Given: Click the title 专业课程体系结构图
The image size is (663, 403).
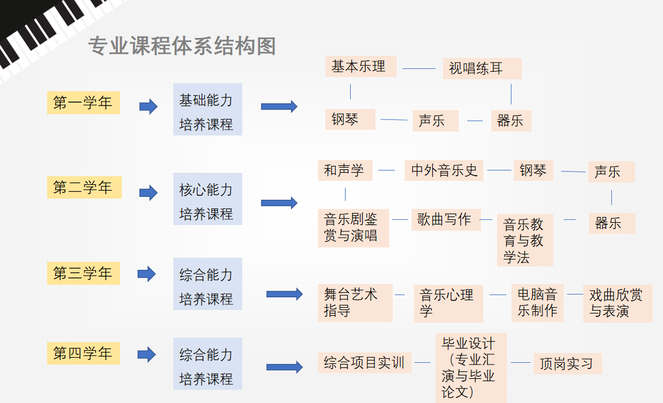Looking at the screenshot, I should (x=182, y=46).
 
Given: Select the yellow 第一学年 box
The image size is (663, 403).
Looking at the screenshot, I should (x=83, y=103).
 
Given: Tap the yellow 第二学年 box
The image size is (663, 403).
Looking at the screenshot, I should (x=84, y=188).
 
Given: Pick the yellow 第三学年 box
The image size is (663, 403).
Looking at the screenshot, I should (x=83, y=273).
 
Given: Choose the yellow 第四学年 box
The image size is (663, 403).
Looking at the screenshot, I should (x=83, y=353).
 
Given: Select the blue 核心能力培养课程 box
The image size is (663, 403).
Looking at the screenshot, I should (x=207, y=199).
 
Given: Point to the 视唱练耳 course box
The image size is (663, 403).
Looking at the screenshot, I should (x=482, y=68).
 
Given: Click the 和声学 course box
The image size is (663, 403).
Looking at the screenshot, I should (x=345, y=170).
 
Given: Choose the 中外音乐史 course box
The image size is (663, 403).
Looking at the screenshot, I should (x=444, y=170).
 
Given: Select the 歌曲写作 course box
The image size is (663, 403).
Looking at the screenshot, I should (x=445, y=220).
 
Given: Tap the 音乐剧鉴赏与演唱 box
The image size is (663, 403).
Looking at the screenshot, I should (x=353, y=228).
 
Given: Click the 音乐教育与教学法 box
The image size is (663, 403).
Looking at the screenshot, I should (x=525, y=240).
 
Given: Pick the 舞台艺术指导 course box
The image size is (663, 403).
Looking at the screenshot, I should (x=355, y=303).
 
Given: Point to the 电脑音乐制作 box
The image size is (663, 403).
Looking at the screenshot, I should (x=537, y=303).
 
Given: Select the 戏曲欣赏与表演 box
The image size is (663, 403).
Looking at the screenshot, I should (x=617, y=303).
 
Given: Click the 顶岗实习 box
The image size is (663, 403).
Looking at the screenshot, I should (x=567, y=363).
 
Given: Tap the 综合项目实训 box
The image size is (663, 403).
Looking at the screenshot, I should (x=365, y=363).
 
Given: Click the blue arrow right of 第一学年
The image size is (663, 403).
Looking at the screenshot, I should (x=148, y=106).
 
